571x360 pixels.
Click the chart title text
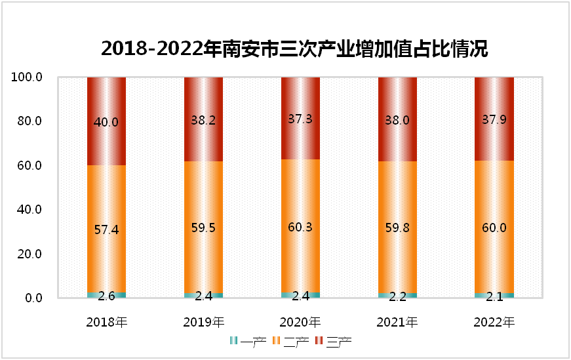(x=294, y=49)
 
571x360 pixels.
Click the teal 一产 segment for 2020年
(x=300, y=294)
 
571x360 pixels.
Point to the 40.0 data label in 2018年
(x=107, y=122)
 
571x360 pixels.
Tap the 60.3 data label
(x=300, y=228)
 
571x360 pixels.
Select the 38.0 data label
(x=397, y=120)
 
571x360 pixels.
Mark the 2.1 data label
(x=494, y=296)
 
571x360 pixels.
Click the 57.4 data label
(x=107, y=230)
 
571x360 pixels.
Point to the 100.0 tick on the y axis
(x=27, y=77)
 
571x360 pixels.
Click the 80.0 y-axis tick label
(x=29, y=121)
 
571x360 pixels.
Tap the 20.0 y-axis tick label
(x=29, y=254)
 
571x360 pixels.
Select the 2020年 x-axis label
(x=300, y=322)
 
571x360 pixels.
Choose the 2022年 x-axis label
(x=494, y=322)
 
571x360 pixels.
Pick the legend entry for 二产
(x=291, y=341)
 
